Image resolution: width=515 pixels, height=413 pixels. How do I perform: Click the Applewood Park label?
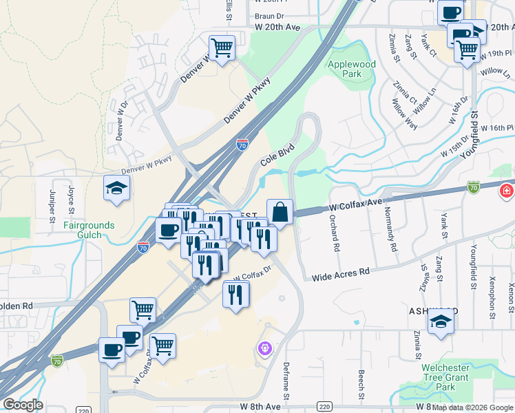pyautogui.click(x=352, y=69)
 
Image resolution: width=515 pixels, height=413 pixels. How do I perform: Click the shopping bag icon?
pyautogui.click(x=280, y=212)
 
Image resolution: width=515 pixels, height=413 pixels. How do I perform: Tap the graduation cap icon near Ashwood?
pyautogui.click(x=441, y=321)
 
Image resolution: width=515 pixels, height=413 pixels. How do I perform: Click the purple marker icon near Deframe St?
pyautogui.click(x=266, y=349)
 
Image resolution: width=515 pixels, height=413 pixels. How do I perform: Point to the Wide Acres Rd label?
pyautogui.click(x=341, y=273)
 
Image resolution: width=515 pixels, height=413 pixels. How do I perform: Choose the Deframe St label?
pyautogui.click(x=286, y=382)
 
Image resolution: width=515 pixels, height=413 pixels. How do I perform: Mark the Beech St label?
pyautogui.click(x=361, y=384)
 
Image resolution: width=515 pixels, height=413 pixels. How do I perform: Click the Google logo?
pyautogui.click(x=22, y=405)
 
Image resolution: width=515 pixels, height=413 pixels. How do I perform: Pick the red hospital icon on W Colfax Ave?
pyautogui.click(x=507, y=189)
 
